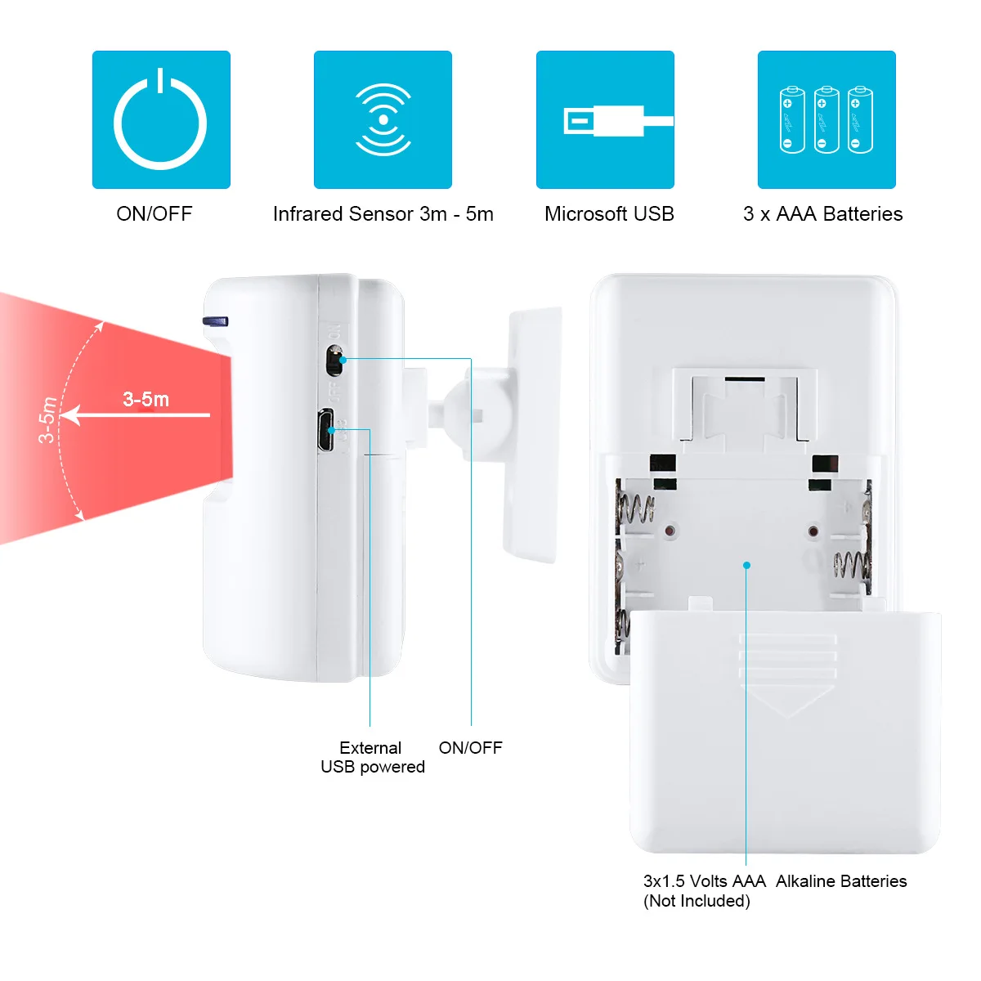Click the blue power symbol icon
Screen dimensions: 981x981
pos(161,120)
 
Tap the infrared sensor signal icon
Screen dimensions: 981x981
pos(383,120)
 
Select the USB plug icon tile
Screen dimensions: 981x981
pos(605,120)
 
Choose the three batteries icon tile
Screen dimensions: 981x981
pos(826,120)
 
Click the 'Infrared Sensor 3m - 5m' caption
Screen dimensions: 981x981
pos(383,214)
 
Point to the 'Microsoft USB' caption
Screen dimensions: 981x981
pos(609,214)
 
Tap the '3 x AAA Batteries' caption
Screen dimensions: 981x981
pos(822,214)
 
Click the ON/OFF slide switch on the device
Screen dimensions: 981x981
pos(334,360)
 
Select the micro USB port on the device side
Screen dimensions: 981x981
pos(327,431)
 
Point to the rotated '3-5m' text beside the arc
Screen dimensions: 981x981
pos(47,419)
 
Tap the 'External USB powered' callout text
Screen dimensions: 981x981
pos(372,757)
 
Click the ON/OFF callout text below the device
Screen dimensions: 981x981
pos(470,747)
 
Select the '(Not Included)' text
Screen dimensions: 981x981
pos(697,901)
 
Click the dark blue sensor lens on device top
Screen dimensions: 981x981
pos(216,321)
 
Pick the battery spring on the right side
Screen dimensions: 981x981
pos(852,564)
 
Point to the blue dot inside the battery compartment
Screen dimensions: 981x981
pos(746,565)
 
